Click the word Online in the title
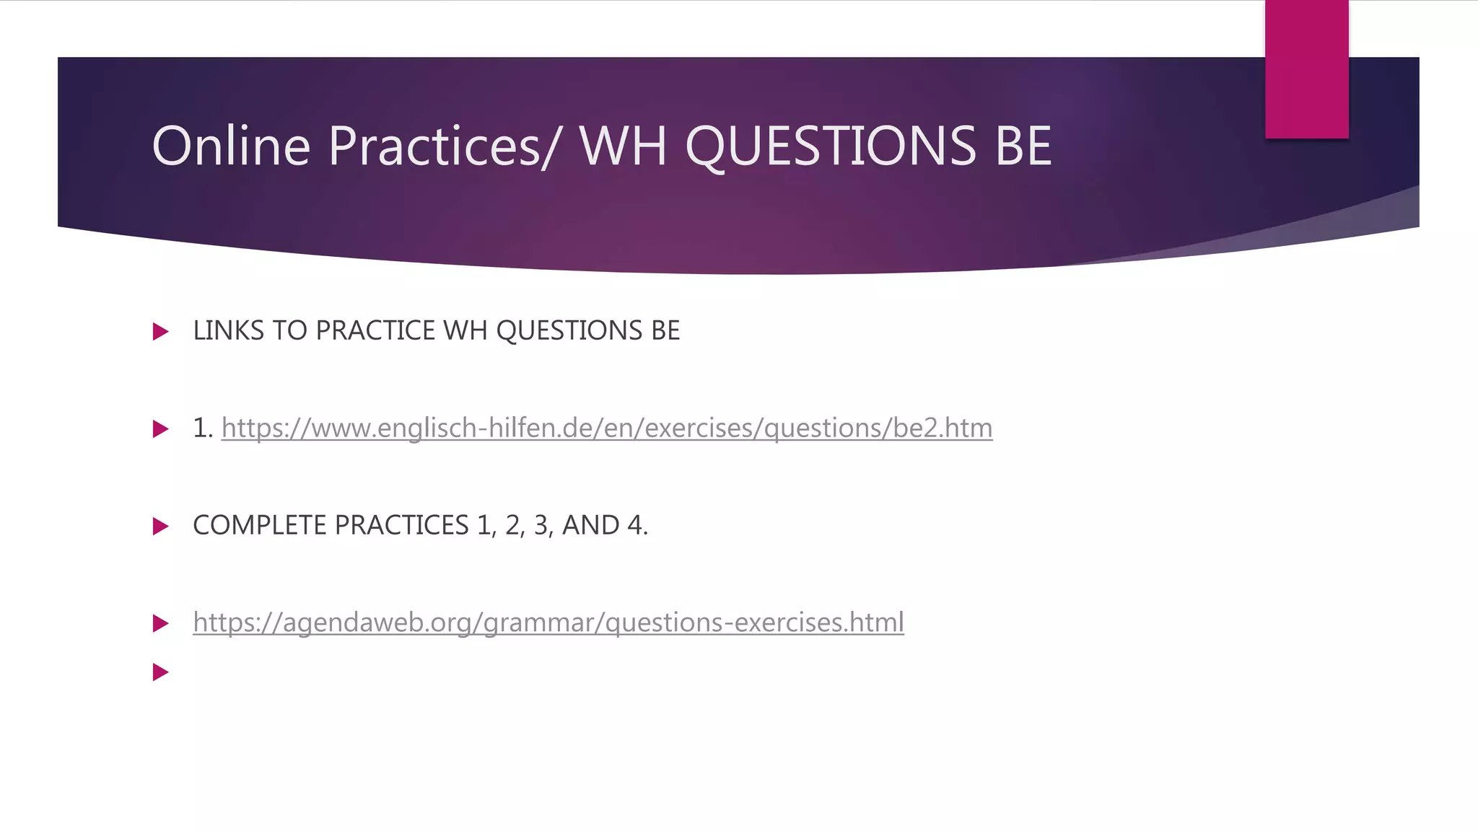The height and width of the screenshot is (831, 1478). tap(231, 146)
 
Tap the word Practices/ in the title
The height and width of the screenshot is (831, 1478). tap(443, 146)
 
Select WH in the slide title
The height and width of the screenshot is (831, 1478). tap(622, 146)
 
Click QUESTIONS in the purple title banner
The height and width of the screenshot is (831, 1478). tap(830, 146)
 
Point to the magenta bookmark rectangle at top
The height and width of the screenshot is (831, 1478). tap(1306, 69)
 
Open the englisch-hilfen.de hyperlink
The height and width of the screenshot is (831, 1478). tap(606, 428)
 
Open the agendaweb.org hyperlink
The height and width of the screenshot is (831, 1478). tap(548, 623)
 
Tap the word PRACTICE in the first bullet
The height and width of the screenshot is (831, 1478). tap(375, 331)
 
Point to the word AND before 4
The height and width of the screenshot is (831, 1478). tap(590, 526)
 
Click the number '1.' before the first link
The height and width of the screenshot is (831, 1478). tap(202, 428)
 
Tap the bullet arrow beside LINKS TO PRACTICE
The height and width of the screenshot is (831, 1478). tap(160, 332)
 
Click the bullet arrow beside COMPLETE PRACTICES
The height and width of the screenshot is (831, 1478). tap(160, 527)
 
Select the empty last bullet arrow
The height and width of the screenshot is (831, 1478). tap(160, 672)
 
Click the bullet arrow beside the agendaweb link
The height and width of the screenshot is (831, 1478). tap(160, 623)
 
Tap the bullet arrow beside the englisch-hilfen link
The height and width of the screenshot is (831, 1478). tap(160, 429)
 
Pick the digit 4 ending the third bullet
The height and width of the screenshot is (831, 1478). tap(634, 526)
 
